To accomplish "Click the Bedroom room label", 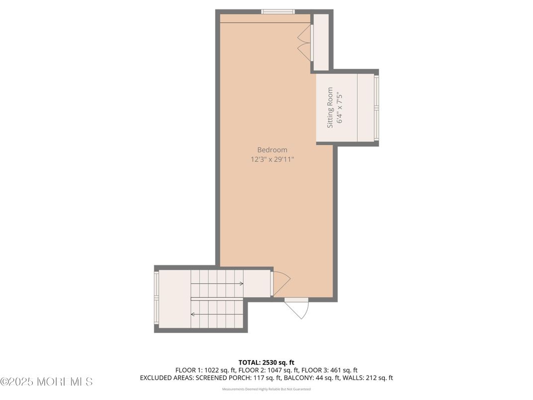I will click(x=272, y=150).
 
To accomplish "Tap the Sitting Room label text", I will click(x=330, y=108).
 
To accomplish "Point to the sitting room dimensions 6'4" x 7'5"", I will click(x=340, y=108).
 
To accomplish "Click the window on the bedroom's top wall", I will click(x=278, y=12).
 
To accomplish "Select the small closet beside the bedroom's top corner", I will click(x=321, y=42).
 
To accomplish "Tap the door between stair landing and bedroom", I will click(x=279, y=283).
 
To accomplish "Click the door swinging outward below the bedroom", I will click(x=298, y=308).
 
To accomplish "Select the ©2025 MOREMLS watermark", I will click(x=46, y=382).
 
